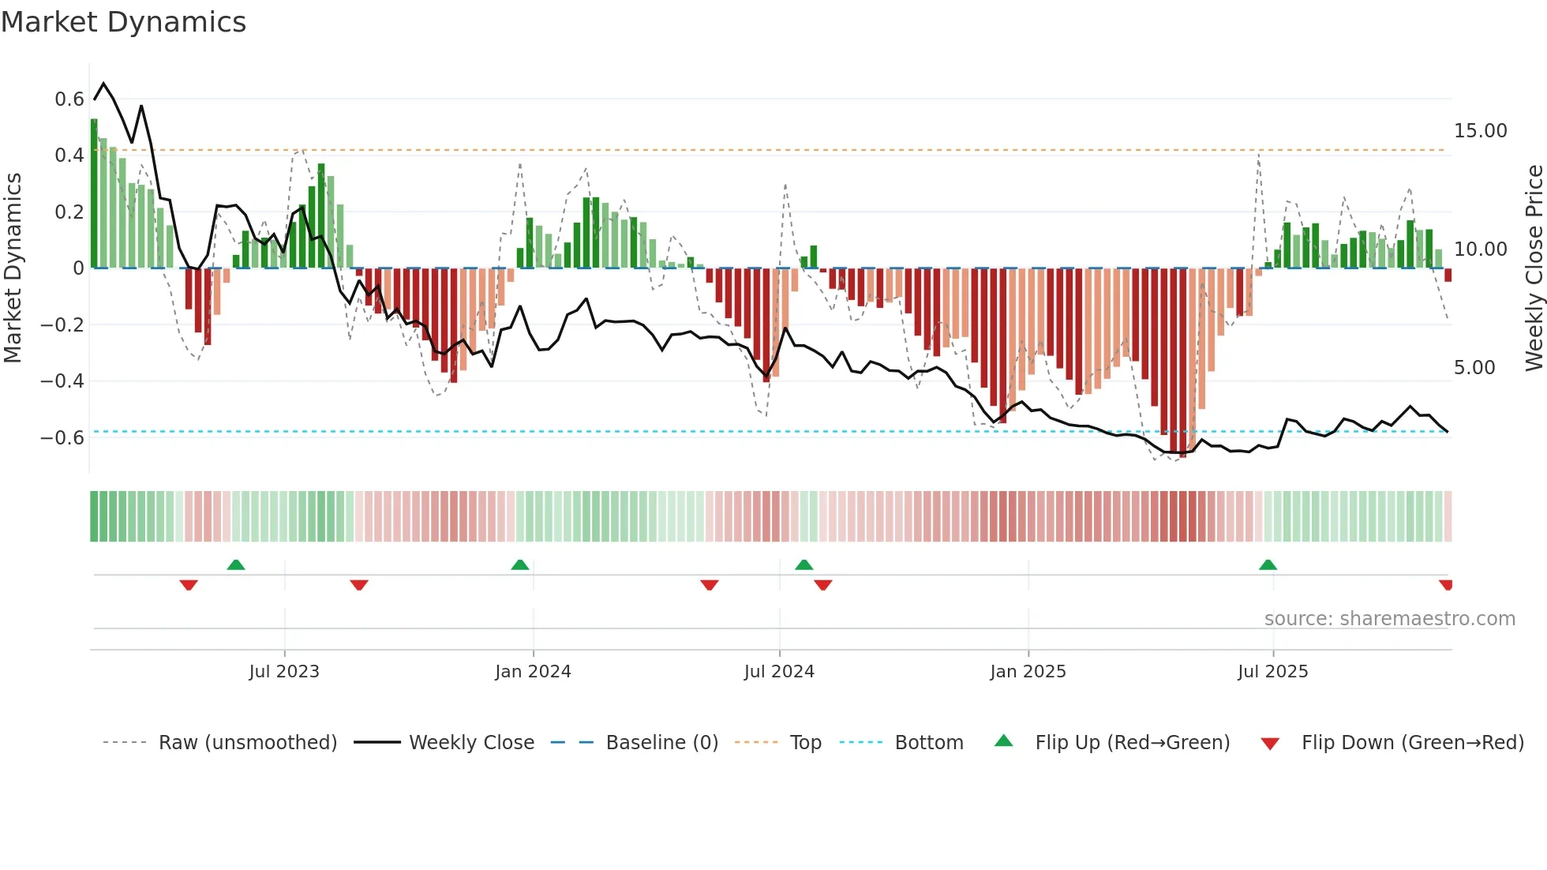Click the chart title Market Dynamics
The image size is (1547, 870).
tap(124, 22)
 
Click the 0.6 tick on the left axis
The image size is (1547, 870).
tap(69, 99)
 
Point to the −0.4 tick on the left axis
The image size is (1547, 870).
tap(62, 381)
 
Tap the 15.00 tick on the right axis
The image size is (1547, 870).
tap(1480, 131)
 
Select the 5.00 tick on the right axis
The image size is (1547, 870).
tap(1474, 368)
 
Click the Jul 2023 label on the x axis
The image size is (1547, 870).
tap(284, 672)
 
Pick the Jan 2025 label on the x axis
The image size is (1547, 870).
tap(1028, 672)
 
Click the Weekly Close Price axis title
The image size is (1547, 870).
tap(1534, 268)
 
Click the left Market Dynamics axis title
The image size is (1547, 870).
tap(13, 268)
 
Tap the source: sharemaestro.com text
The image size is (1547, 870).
tap(1389, 619)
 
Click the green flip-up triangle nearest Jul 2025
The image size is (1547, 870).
tap(1268, 564)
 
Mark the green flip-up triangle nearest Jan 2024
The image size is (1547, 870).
tap(519, 564)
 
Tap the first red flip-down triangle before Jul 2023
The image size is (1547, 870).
tap(188, 585)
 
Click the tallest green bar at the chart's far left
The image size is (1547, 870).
tap(94, 193)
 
